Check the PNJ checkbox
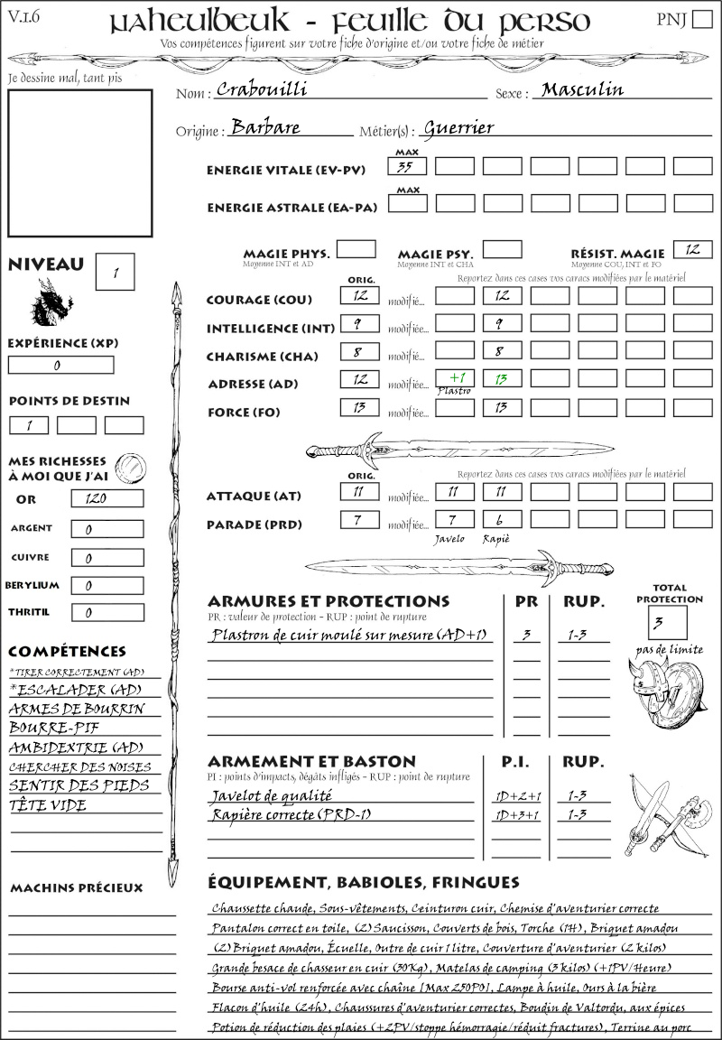click(700, 21)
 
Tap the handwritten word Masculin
click(582, 90)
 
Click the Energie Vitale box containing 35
click(407, 166)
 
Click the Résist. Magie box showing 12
click(692, 249)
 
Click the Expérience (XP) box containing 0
click(60, 366)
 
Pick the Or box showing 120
click(106, 498)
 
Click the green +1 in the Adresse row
click(455, 378)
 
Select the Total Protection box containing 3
click(668, 622)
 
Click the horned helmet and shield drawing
click(666, 692)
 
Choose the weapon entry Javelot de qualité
click(272, 796)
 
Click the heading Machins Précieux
click(77, 888)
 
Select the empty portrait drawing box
click(79, 162)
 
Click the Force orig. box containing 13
click(359, 408)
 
